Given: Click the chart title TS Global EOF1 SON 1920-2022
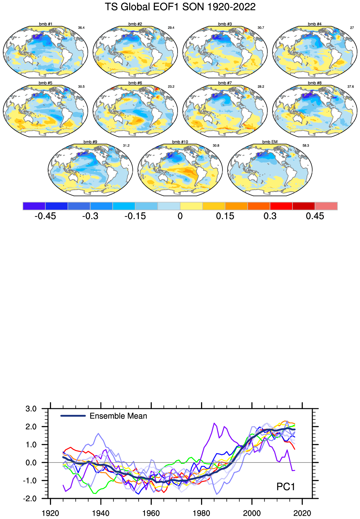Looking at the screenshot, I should tap(180, 7).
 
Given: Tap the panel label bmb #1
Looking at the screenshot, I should tap(45, 24).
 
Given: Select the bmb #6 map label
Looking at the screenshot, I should tap(135, 83).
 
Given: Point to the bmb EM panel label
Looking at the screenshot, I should tap(270, 142).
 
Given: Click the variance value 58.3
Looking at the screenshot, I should tap(305, 146).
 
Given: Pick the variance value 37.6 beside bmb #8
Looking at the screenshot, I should tap(351, 87).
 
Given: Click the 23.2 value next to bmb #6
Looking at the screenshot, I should tap(171, 87).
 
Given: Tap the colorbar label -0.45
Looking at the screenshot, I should tap(45, 216).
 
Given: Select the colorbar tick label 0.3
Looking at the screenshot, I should tap(270, 216).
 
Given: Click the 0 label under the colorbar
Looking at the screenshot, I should tap(180, 216).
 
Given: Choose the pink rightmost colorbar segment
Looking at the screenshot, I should tap(326, 206).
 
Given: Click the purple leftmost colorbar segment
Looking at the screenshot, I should tap(34, 206).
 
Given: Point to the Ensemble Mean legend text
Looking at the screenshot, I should tap(118, 416).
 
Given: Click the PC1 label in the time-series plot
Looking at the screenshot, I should tap(286, 487).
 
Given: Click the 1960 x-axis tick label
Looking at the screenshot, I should tap(151, 513).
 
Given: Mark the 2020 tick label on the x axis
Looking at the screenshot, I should tap(302, 513).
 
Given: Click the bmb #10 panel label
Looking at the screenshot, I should tap(180, 142).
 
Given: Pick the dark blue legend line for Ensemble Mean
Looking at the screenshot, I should tap(73, 416).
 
